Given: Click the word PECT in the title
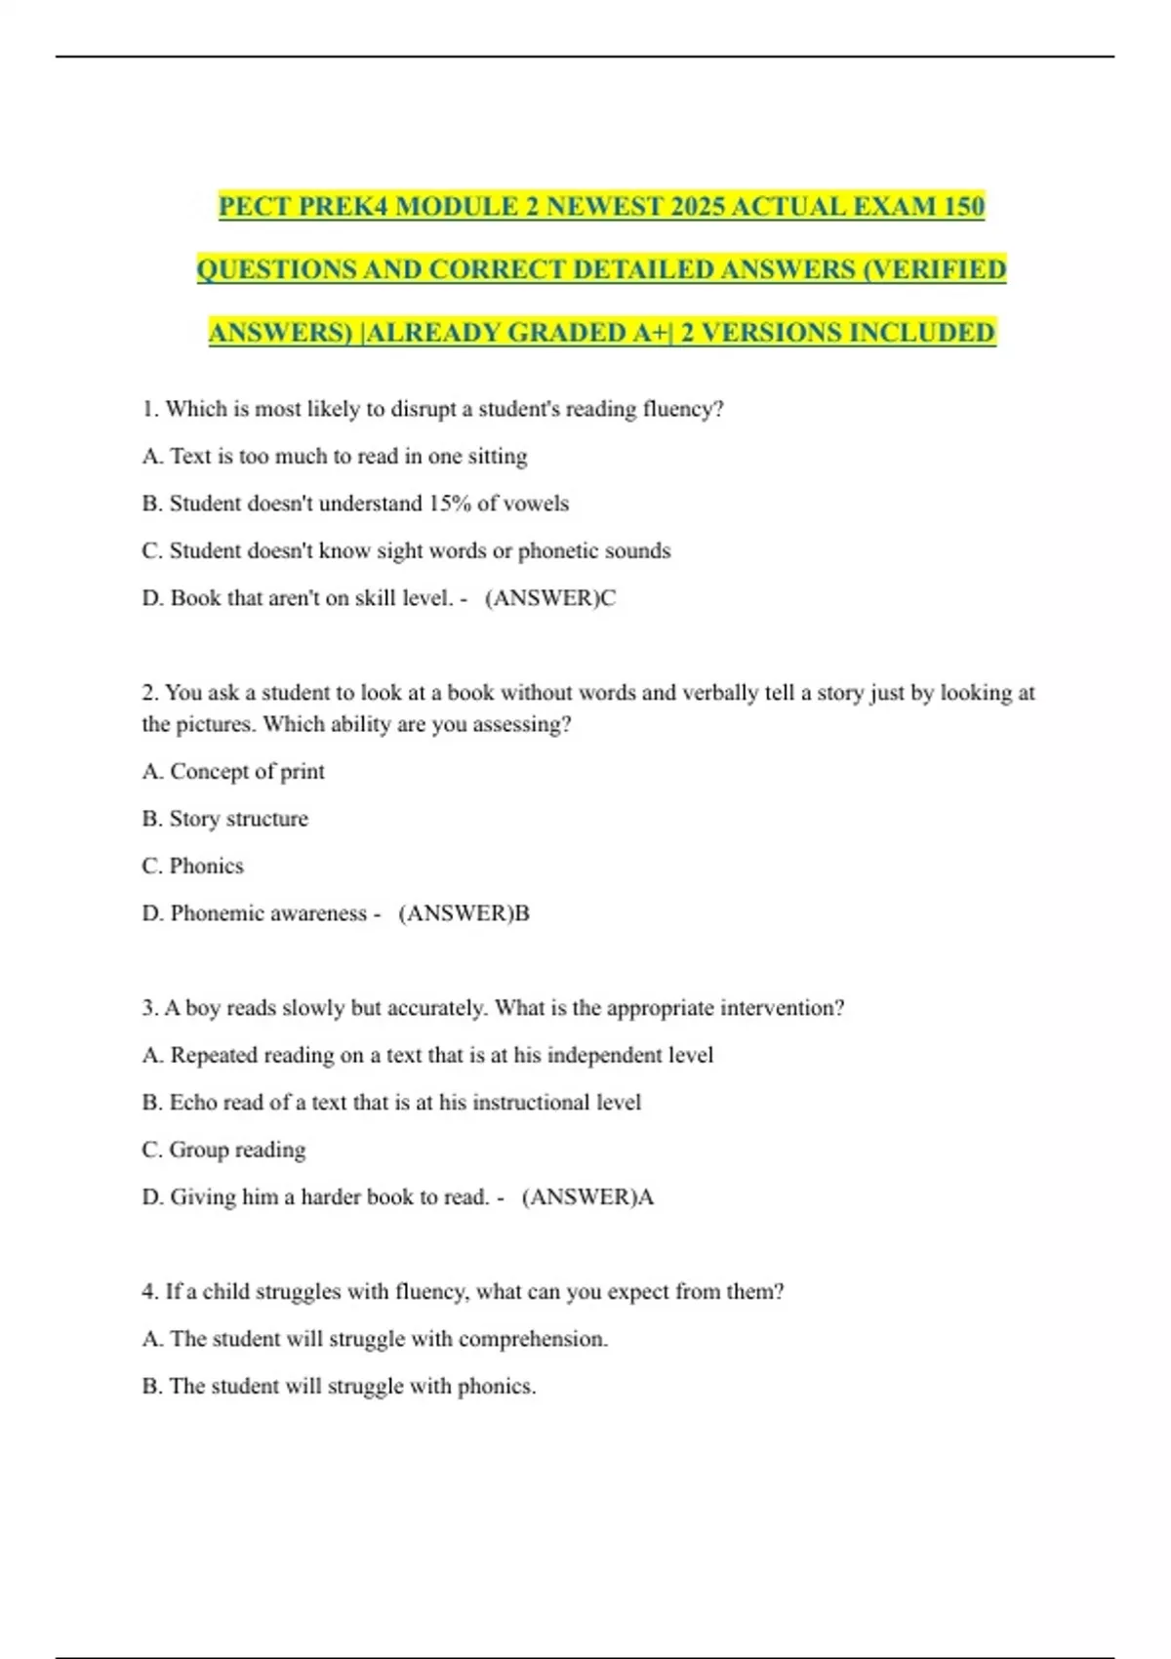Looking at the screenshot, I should click(x=255, y=207).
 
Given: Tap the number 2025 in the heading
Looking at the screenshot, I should click(x=689, y=207).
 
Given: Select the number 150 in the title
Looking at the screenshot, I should click(x=964, y=207).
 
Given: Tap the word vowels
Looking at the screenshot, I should click(x=536, y=504).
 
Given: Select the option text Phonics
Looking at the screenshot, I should click(x=206, y=866).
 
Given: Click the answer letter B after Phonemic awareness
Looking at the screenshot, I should click(x=522, y=913).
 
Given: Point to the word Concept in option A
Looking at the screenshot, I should click(x=209, y=772).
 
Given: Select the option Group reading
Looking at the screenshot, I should click(x=237, y=1150).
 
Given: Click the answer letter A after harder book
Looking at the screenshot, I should click(x=645, y=1197).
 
